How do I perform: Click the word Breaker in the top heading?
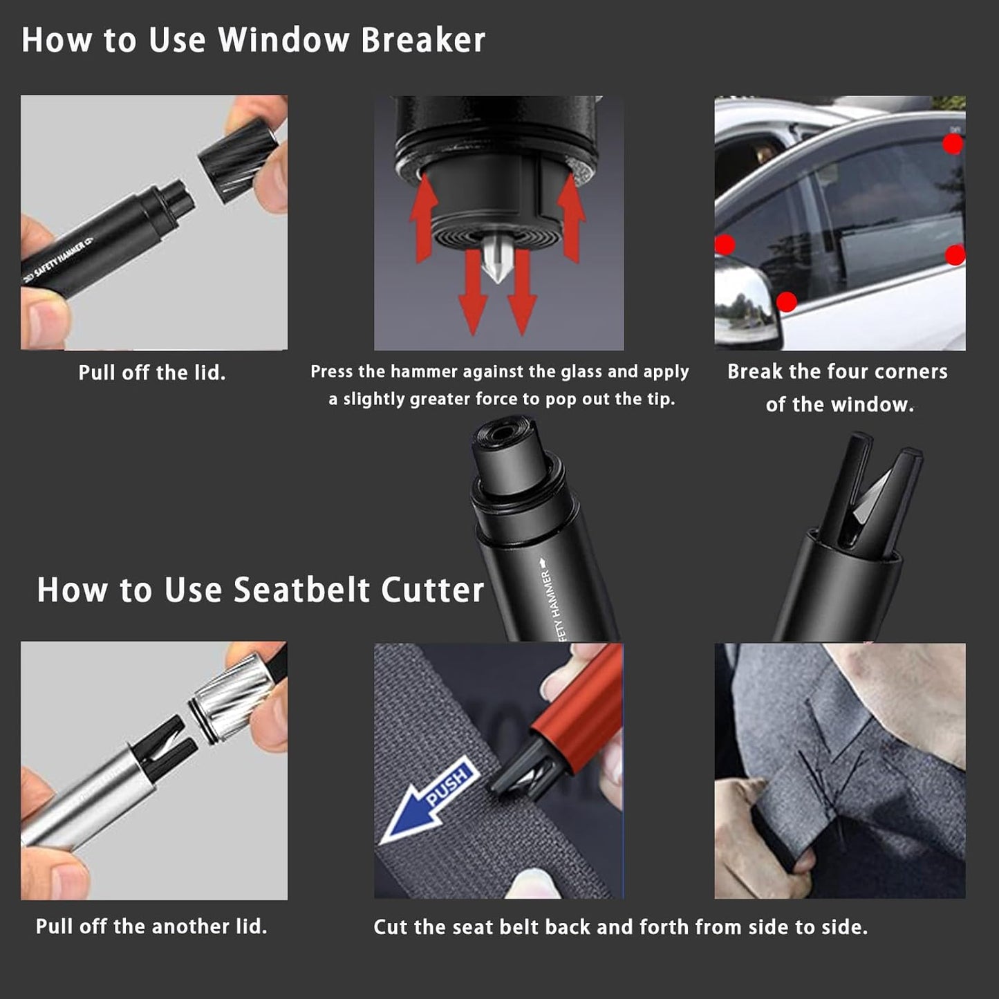point(422,39)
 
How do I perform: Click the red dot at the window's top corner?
point(952,144)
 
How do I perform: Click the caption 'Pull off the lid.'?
point(152,373)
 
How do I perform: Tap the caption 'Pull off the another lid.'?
point(151,926)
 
